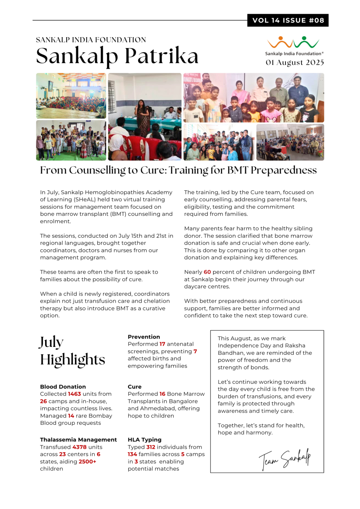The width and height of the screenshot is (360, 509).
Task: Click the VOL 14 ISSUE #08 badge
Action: [288, 20]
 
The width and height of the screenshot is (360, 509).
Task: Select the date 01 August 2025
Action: [295, 62]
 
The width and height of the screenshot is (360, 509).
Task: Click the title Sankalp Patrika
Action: [118, 56]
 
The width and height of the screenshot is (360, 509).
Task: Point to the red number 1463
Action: [74, 394]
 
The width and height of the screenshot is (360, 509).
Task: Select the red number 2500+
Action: [87, 461]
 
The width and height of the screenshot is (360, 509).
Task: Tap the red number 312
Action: [151, 447]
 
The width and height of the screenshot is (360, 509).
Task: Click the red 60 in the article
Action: [207, 272]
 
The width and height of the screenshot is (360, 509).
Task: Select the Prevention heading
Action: [144, 337]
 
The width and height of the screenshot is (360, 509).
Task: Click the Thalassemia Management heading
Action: [78, 440]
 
